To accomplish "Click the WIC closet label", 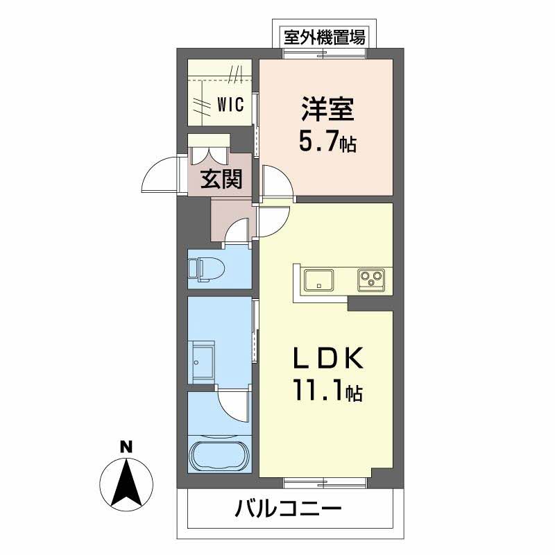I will click(230, 105).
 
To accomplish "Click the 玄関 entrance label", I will click(221, 180).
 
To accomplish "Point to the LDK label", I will click(326, 360).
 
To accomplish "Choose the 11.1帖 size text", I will click(326, 393).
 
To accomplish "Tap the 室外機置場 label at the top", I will click(324, 37).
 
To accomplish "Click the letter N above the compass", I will click(126, 447).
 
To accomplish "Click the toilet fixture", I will click(203, 269).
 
